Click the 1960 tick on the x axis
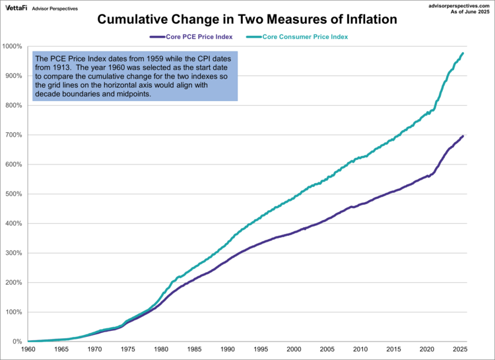click(x=28, y=349)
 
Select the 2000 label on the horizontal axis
click(x=292, y=349)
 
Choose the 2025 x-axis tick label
click(x=460, y=349)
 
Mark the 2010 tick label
click(x=360, y=349)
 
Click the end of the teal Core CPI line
click(x=463, y=53)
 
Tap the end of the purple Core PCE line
click(x=463, y=135)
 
